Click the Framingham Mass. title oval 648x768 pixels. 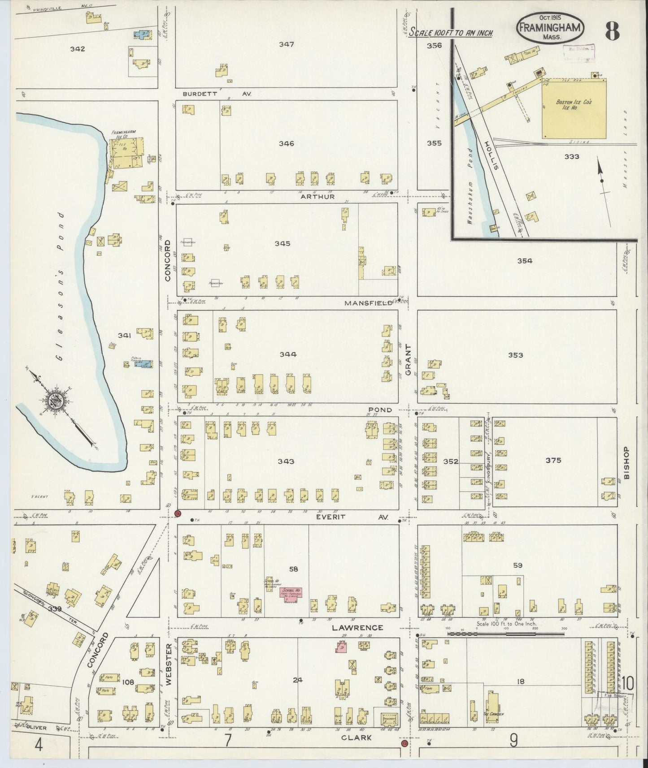tap(550, 28)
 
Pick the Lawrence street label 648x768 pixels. tap(357, 628)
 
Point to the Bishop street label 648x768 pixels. tap(626, 463)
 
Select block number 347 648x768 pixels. tap(286, 44)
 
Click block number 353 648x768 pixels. tap(515, 355)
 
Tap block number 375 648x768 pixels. tap(553, 460)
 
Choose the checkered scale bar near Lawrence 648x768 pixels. tap(506, 633)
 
